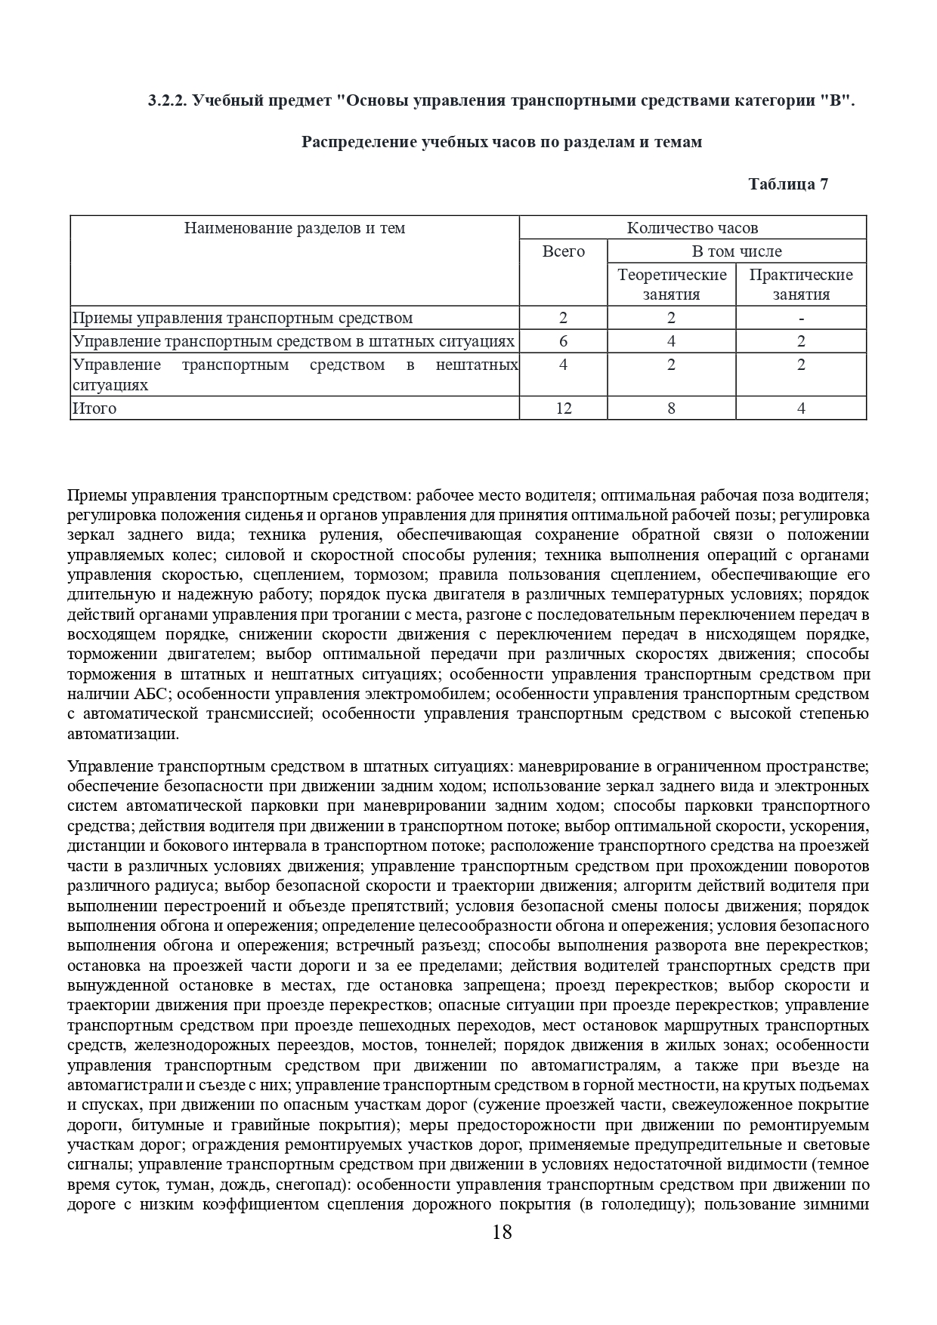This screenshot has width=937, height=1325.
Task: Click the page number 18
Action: point(502,1233)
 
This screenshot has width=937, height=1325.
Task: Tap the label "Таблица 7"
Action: point(788,184)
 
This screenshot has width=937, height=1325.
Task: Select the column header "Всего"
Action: point(563,251)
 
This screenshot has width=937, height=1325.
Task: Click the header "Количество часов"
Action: point(692,228)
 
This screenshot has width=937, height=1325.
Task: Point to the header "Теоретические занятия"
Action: point(671,285)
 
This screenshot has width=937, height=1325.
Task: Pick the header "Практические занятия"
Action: point(800,285)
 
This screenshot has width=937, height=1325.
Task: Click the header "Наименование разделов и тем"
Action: point(295,228)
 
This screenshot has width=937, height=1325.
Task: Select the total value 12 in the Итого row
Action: point(563,408)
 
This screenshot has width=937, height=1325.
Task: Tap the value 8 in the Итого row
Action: point(671,408)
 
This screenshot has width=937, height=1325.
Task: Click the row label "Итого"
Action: point(94,408)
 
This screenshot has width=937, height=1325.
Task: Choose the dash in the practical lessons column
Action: point(801,318)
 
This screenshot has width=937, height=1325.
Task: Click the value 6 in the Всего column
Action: point(563,341)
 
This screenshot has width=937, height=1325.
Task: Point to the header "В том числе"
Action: point(737,251)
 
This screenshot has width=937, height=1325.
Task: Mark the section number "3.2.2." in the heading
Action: point(167,101)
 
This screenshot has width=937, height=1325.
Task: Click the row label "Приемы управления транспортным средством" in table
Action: point(243,318)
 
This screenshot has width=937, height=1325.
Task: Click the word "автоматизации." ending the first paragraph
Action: point(123,734)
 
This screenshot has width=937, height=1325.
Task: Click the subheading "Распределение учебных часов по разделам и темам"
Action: point(502,142)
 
